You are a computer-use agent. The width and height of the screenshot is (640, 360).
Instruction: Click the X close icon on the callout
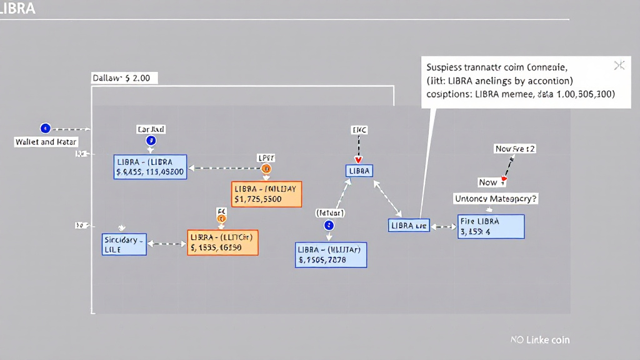619,66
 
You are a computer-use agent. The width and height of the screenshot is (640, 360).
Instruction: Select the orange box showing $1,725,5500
266,194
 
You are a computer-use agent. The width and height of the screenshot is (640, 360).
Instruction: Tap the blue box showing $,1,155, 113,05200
150,167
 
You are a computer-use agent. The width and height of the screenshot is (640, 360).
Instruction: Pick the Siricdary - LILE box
124,244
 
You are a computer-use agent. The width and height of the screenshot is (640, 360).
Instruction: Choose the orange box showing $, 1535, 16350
222,242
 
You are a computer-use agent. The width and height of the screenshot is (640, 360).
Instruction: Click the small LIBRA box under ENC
359,171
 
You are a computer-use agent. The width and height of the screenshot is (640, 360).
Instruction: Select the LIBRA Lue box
409,225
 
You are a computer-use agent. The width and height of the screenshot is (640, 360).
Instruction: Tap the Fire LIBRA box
491,227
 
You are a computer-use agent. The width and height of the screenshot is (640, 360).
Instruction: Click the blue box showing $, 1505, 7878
331,255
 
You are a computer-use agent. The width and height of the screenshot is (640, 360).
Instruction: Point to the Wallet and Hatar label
46,142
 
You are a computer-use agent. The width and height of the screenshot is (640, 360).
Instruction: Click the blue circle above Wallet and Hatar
44,128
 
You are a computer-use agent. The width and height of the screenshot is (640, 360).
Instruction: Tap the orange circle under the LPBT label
266,169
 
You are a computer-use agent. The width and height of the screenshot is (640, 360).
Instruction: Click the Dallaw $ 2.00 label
125,78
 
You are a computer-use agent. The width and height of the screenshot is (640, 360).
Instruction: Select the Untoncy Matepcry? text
496,199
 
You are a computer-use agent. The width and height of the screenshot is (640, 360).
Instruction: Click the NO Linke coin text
539,340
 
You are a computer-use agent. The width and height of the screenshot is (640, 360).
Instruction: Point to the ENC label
359,130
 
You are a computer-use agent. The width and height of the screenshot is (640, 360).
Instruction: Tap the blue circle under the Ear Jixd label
151,141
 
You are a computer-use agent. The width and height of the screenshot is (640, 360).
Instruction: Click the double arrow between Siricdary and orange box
166,244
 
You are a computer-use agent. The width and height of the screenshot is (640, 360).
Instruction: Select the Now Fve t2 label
515,149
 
